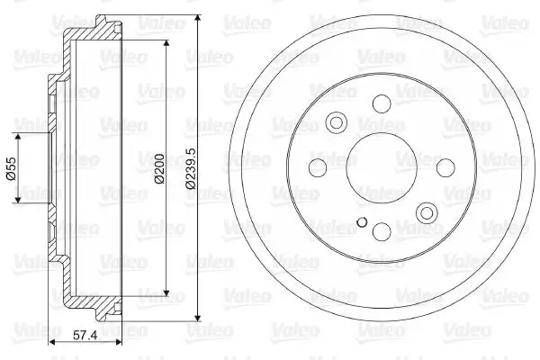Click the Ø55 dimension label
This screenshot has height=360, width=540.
pyautogui.click(x=11, y=168)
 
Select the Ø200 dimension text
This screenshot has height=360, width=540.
pyautogui.click(x=159, y=168)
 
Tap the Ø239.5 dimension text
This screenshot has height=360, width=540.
pyautogui.click(x=191, y=168)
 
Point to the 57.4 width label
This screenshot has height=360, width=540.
pyautogui.click(x=85, y=335)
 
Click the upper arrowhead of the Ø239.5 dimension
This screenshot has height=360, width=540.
pyautogui.click(x=198, y=19)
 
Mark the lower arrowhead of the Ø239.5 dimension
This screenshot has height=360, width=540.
pyautogui.click(x=198, y=318)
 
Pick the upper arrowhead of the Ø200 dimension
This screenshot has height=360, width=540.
pyautogui.click(x=166, y=44)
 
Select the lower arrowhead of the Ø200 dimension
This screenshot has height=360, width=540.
pyautogui.click(x=166, y=292)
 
